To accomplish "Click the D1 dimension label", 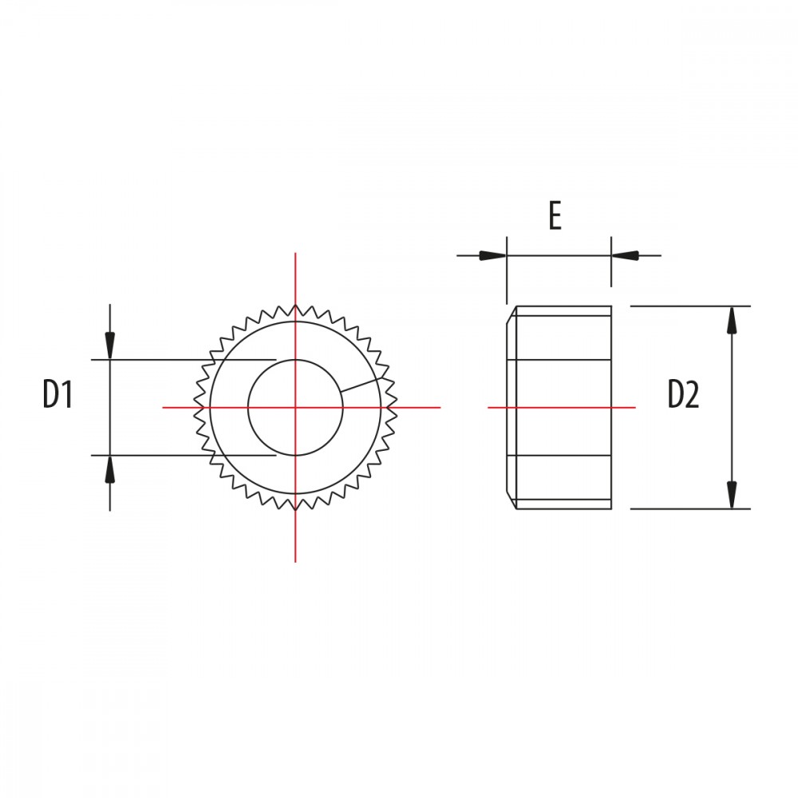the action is click(x=58, y=394).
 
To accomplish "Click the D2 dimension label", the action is click(x=684, y=394).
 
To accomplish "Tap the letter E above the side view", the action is click(x=555, y=215).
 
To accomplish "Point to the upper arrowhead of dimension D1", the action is click(x=110, y=345).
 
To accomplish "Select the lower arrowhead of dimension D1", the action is click(x=110, y=469).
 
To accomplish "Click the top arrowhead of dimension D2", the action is click(x=732, y=320).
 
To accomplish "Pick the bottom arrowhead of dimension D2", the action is click(x=732, y=495).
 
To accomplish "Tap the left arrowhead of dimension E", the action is click(x=492, y=255).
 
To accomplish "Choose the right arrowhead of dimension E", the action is click(x=625, y=255).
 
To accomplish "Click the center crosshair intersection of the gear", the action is click(x=295, y=407).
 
